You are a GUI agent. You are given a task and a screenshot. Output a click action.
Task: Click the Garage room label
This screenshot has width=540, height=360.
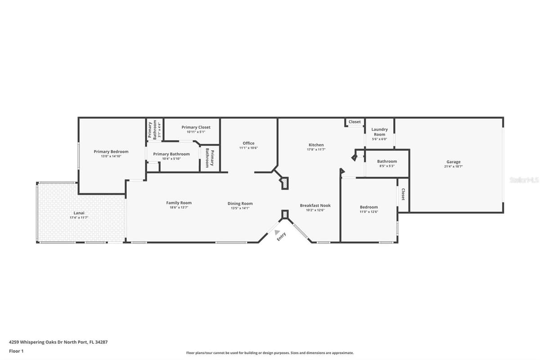coord(454,162)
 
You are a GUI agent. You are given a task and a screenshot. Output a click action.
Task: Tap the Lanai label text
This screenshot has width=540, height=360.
coord(79,213)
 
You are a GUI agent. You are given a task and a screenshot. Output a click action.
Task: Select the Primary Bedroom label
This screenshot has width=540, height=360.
coord(111,152)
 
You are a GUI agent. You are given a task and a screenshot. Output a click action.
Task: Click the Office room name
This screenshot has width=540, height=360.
coord(248,143)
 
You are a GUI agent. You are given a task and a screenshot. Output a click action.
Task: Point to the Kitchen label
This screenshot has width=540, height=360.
coord(316,145)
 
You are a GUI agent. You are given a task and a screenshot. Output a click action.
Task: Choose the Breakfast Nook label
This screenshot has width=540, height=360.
coord(315,206)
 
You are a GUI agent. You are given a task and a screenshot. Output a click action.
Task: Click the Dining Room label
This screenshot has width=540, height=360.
coord(240,204)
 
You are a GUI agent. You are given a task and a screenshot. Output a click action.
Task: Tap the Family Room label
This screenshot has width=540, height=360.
coord(179,203)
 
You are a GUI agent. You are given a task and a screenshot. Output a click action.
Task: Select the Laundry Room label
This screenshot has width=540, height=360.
coord(379,132)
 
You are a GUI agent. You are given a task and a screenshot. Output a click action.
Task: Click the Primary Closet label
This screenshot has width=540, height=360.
coord(196,127)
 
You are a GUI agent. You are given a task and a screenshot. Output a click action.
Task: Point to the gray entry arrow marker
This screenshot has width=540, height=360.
coord(277,232)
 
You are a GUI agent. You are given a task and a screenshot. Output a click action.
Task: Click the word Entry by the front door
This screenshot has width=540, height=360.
coord(281,237)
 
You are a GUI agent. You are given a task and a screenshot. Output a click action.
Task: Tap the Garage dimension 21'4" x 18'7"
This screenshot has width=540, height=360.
coord(454,166)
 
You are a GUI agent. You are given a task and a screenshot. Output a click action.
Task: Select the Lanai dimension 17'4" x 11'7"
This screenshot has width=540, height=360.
coord(79,217)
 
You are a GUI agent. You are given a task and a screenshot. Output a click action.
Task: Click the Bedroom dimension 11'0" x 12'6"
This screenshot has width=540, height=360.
coord(369,211)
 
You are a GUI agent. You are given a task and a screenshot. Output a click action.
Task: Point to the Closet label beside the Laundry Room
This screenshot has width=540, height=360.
coord(355,122)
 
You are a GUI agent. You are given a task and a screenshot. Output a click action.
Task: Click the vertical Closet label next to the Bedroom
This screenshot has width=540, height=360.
coord(403,194)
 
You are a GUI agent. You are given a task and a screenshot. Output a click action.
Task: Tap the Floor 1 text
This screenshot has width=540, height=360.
coord(16,351)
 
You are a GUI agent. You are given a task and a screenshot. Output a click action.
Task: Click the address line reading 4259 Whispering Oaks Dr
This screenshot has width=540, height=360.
coord(58,342)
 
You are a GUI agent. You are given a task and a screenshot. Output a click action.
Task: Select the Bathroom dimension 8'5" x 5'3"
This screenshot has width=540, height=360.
coord(387,166)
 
